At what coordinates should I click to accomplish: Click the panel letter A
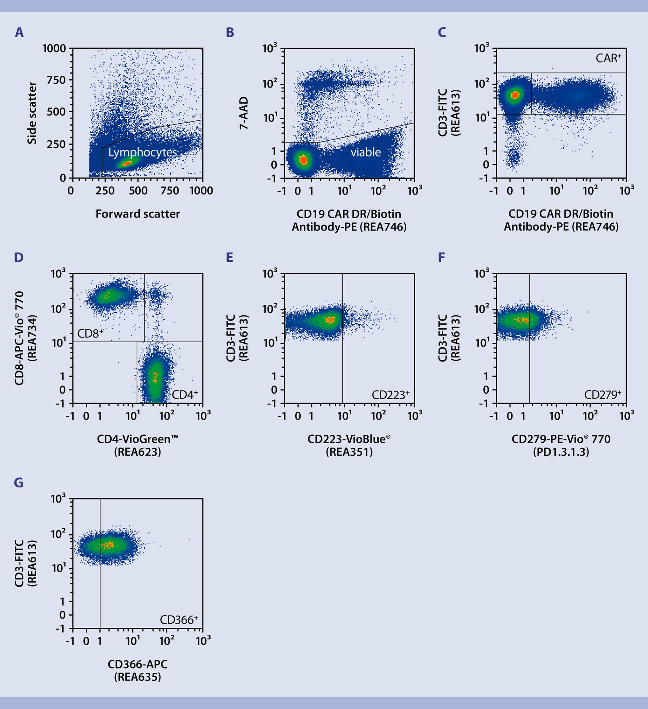pyautogui.click(x=19, y=32)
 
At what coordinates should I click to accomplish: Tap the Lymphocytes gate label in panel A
pyautogui.click(x=143, y=153)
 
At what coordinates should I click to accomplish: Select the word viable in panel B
pyautogui.click(x=365, y=152)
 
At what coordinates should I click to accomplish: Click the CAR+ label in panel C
pyautogui.click(x=608, y=58)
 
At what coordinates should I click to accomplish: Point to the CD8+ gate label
pyautogui.click(x=90, y=333)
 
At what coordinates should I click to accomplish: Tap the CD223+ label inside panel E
pyautogui.click(x=390, y=395)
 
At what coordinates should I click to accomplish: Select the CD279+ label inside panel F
pyautogui.click(x=603, y=395)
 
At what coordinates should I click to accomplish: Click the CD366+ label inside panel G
pyautogui.click(x=179, y=620)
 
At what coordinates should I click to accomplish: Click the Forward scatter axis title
pyautogui.click(x=137, y=214)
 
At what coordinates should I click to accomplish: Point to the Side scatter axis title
pyautogui.click(x=32, y=113)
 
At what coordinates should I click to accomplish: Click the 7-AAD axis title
pyautogui.click(x=244, y=113)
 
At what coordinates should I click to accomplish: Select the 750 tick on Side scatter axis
pyautogui.click(x=56, y=80)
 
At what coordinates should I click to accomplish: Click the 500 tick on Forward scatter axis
pyautogui.click(x=138, y=191)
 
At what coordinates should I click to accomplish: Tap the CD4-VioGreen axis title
pyautogui.click(x=137, y=439)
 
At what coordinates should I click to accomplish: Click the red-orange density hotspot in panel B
pyautogui.click(x=303, y=160)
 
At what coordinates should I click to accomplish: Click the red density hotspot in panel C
pyautogui.click(x=515, y=95)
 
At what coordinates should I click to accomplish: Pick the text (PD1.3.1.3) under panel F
pyautogui.click(x=561, y=452)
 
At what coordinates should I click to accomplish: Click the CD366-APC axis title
pyautogui.click(x=137, y=664)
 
